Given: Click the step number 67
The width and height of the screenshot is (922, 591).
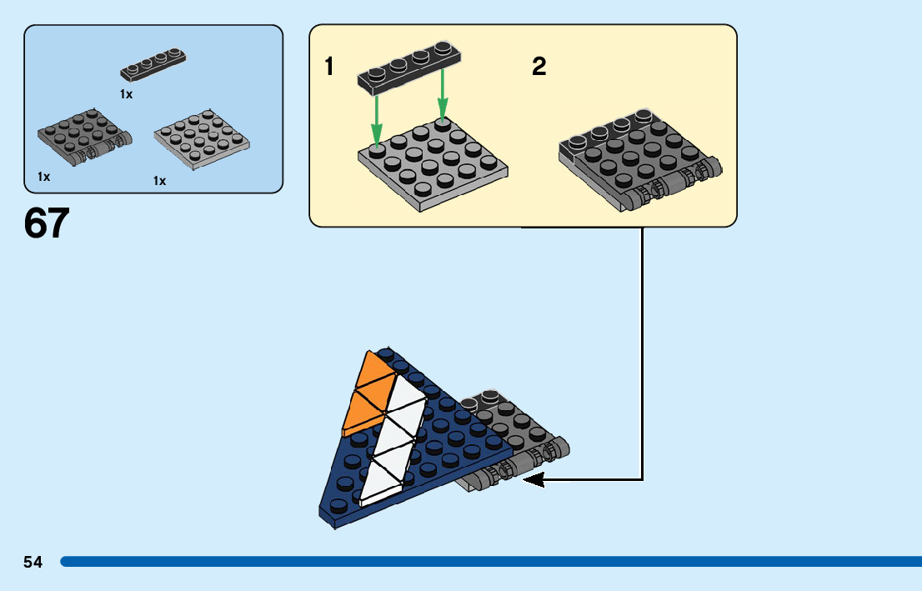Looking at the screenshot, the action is point(47,223).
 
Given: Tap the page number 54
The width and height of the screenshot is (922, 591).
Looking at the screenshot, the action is point(33,563).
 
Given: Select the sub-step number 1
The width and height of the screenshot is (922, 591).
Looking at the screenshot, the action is point(330,67).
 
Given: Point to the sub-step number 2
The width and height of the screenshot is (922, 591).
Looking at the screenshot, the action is point(539,67).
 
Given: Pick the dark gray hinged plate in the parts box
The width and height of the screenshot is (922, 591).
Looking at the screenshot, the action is point(83,136).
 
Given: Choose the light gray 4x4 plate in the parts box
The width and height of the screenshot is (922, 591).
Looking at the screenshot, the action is point(203,139).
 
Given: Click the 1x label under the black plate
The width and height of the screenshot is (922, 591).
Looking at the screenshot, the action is point(126,95).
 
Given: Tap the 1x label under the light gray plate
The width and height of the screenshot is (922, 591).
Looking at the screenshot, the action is point(159,181).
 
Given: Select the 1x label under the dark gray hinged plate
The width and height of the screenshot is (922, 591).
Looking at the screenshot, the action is point(44,177).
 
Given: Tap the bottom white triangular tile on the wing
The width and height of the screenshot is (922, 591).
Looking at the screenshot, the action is point(383,482).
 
